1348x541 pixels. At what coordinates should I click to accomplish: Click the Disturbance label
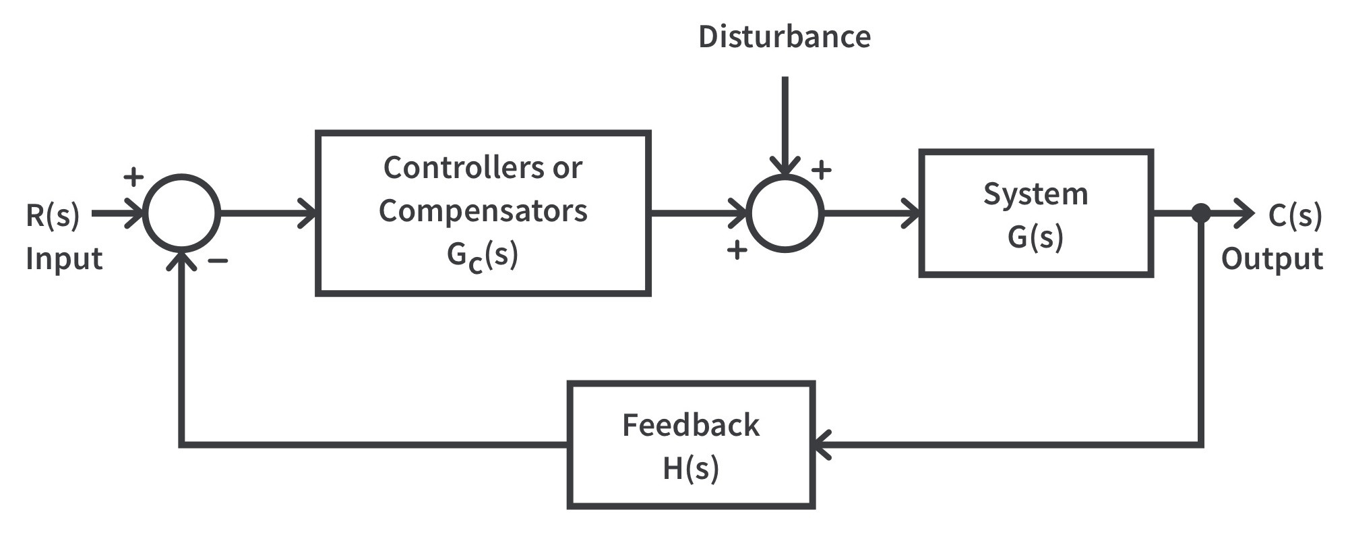pyautogui.click(x=784, y=36)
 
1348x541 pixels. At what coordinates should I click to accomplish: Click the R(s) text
pyautogui.click(x=53, y=216)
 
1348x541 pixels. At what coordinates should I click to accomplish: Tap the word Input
pyautogui.click(x=64, y=259)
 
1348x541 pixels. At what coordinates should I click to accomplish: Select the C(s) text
pyautogui.click(x=1295, y=216)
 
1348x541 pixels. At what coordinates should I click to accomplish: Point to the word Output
pyautogui.click(x=1272, y=259)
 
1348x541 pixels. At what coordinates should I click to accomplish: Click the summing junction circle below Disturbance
pyautogui.click(x=785, y=214)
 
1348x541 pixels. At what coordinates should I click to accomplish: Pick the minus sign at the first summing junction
pyautogui.click(x=218, y=260)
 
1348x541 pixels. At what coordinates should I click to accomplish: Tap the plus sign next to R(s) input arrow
pyautogui.click(x=133, y=177)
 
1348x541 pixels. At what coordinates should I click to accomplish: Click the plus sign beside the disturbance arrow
pyautogui.click(x=821, y=170)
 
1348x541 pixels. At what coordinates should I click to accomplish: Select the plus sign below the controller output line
pyautogui.click(x=737, y=250)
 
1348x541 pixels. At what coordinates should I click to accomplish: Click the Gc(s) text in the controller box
pyautogui.click(x=483, y=256)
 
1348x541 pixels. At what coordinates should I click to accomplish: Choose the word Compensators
pyautogui.click(x=483, y=211)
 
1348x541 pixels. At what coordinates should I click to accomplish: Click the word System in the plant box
pyautogui.click(x=1035, y=194)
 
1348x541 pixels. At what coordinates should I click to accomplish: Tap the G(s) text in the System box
pyautogui.click(x=1035, y=237)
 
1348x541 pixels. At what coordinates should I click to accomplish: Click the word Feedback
pyautogui.click(x=691, y=426)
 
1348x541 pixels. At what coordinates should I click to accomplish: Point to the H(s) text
pyautogui.click(x=691, y=468)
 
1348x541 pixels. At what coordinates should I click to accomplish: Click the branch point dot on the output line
pyautogui.click(x=1201, y=214)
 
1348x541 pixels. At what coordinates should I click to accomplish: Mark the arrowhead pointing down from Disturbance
pyautogui.click(x=785, y=167)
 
